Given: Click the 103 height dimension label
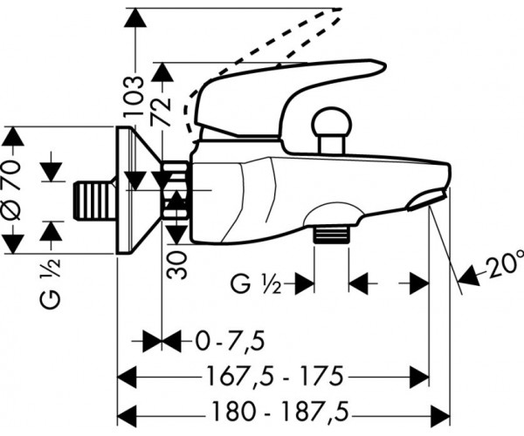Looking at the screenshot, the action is click(134, 96).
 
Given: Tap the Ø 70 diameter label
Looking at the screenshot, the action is click(13, 189).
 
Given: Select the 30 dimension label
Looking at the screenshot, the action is click(176, 265).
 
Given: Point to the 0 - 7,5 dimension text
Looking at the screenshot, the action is click(231, 341).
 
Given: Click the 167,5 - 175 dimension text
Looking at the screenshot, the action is click(275, 376).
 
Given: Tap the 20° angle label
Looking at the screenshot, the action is click(504, 267).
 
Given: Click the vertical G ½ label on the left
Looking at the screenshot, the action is click(51, 283).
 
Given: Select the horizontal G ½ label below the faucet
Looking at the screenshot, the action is click(256, 283).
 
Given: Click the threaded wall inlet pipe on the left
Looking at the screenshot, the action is click(94, 201).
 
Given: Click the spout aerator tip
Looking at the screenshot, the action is click(427, 201).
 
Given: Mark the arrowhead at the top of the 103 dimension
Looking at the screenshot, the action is click(135, 17).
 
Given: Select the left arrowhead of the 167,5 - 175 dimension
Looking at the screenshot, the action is click(128, 377).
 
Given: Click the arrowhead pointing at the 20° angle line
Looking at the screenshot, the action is click(469, 276).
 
